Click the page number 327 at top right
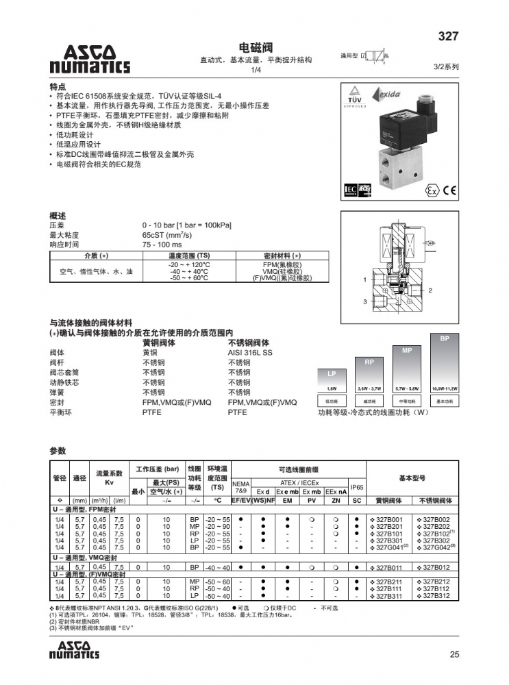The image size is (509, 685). [447, 36]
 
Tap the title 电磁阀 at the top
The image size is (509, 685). [255, 48]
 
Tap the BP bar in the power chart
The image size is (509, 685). [445, 363]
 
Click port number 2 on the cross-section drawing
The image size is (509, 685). [430, 290]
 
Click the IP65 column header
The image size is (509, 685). [357, 487]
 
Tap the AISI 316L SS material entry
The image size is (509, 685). [249, 353]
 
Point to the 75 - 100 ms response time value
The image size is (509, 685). [162, 245]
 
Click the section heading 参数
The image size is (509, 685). [58, 451]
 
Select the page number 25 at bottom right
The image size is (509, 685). [454, 654]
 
